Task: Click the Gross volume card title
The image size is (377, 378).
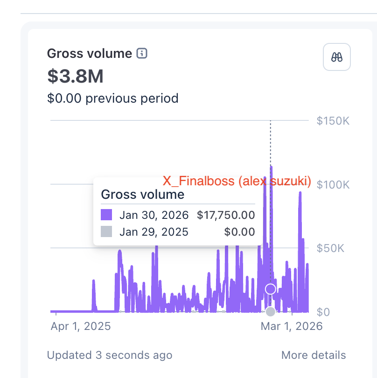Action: [90, 54]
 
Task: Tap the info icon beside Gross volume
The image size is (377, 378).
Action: [142, 54]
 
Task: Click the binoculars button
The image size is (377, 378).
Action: [337, 57]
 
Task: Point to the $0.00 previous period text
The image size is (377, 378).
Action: [112, 98]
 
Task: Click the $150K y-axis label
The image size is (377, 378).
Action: [333, 121]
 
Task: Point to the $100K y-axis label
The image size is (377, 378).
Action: [333, 184]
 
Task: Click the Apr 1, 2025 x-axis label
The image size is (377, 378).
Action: [81, 326]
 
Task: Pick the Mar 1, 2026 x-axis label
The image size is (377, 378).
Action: [291, 326]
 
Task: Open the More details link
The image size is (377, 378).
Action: [314, 355]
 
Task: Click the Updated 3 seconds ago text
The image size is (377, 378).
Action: [110, 355]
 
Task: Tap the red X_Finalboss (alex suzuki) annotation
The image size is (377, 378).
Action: [237, 181]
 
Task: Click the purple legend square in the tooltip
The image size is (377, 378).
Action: [106, 215]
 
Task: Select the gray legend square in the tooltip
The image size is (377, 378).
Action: [106, 231]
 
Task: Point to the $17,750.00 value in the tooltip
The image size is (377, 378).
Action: [226, 215]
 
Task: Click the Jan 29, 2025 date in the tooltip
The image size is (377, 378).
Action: [154, 232]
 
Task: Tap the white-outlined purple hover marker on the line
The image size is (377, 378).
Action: [271, 289]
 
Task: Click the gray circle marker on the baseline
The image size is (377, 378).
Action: [271, 311]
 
